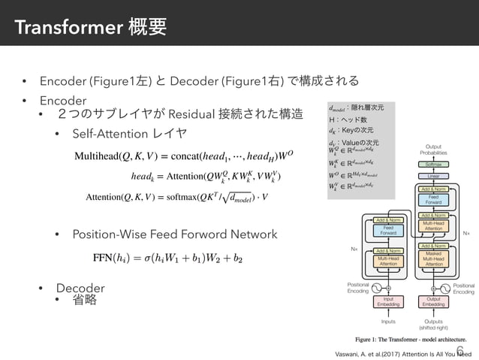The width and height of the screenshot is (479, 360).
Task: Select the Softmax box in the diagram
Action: click(432, 163)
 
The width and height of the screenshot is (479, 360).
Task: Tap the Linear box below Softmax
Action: click(432, 176)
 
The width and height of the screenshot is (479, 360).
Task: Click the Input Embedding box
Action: click(388, 301)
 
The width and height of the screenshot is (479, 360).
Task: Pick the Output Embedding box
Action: click(432, 301)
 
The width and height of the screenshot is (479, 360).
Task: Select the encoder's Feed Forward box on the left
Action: click(388, 230)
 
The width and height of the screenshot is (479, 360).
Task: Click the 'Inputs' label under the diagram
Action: click(388, 321)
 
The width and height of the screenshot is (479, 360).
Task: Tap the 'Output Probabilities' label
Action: click(432, 150)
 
